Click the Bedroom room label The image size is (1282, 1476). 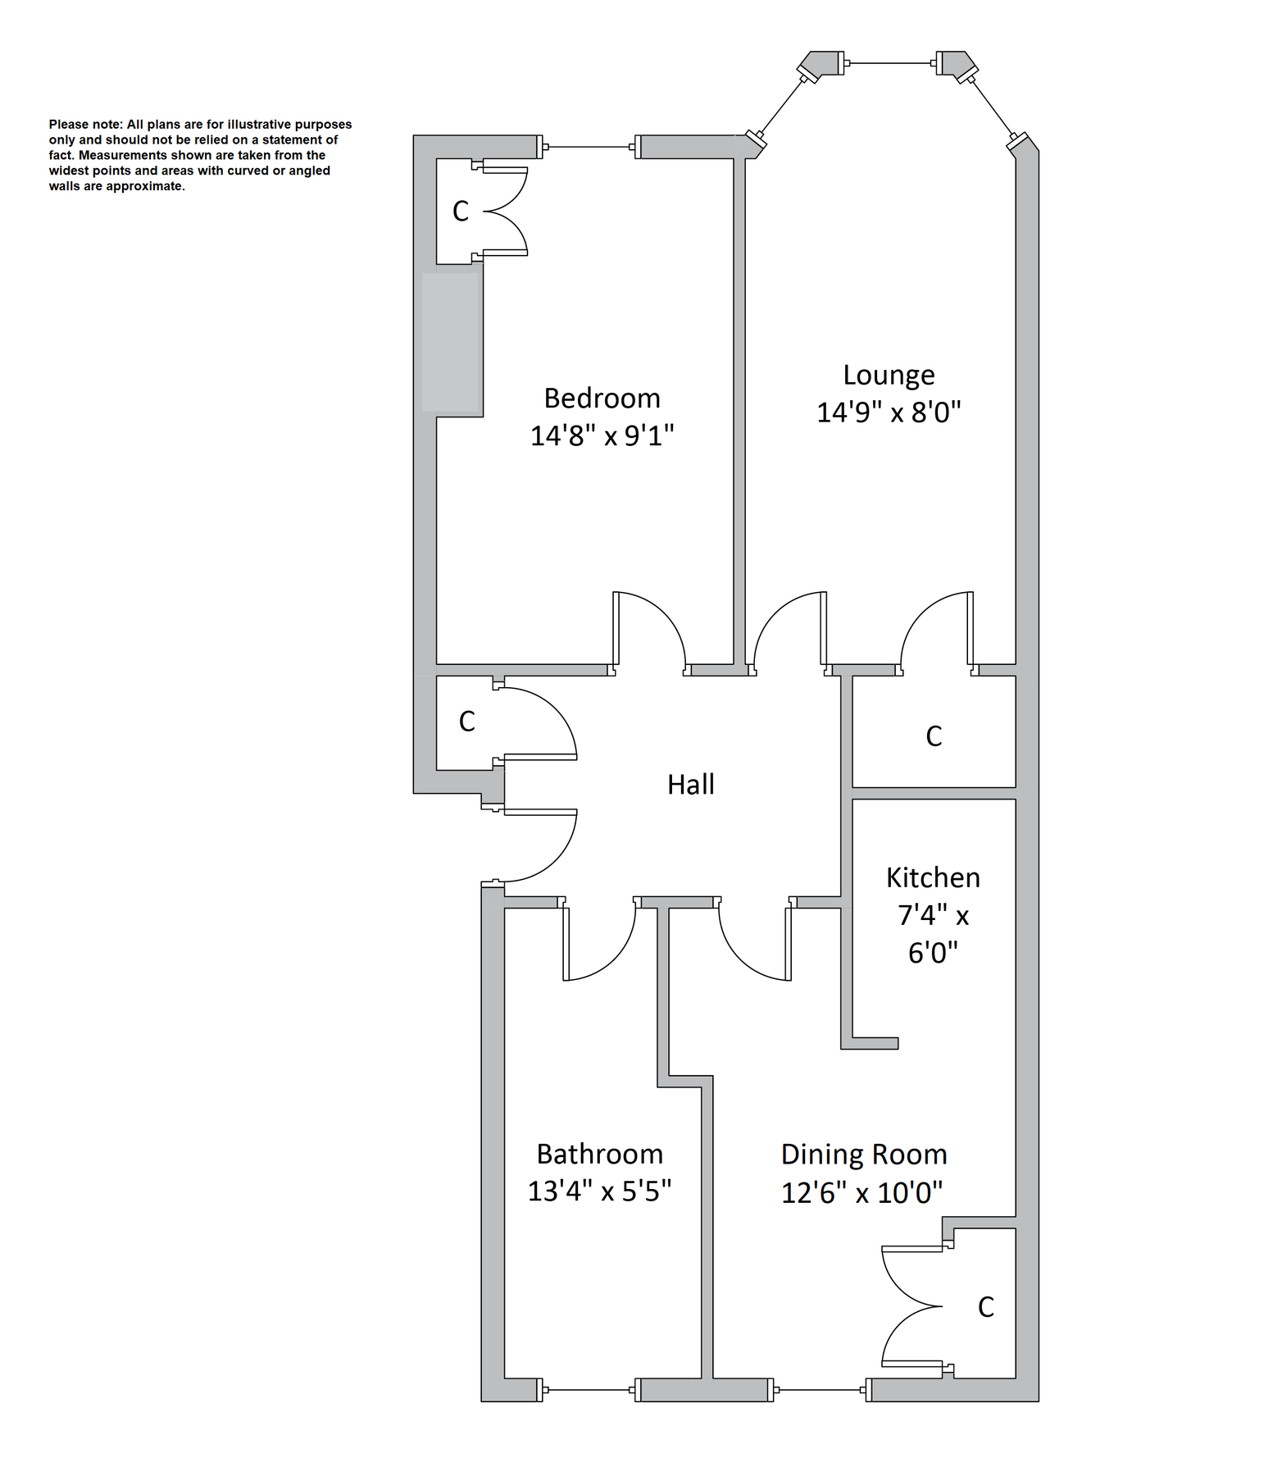click(602, 399)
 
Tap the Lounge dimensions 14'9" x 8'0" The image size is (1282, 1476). click(889, 412)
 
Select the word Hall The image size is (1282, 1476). click(690, 785)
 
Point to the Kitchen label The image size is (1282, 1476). click(933, 878)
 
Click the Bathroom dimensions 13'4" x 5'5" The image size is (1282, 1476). click(599, 1191)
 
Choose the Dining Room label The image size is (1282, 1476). click(864, 1155)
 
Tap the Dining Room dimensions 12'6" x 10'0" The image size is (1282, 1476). click(861, 1192)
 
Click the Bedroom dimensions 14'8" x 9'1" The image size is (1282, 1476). click(602, 435)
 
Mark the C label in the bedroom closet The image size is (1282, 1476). click(461, 212)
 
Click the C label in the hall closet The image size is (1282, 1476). click(466, 722)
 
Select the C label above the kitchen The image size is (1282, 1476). click(934, 736)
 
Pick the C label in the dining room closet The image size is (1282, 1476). click(986, 1307)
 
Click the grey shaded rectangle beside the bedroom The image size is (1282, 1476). click(450, 342)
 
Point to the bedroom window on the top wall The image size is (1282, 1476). click(589, 148)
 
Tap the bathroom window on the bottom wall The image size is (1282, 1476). click(589, 1390)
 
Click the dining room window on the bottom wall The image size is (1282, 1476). click(820, 1390)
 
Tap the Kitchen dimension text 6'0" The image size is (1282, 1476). click(933, 953)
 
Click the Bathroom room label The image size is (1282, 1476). click(599, 1155)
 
